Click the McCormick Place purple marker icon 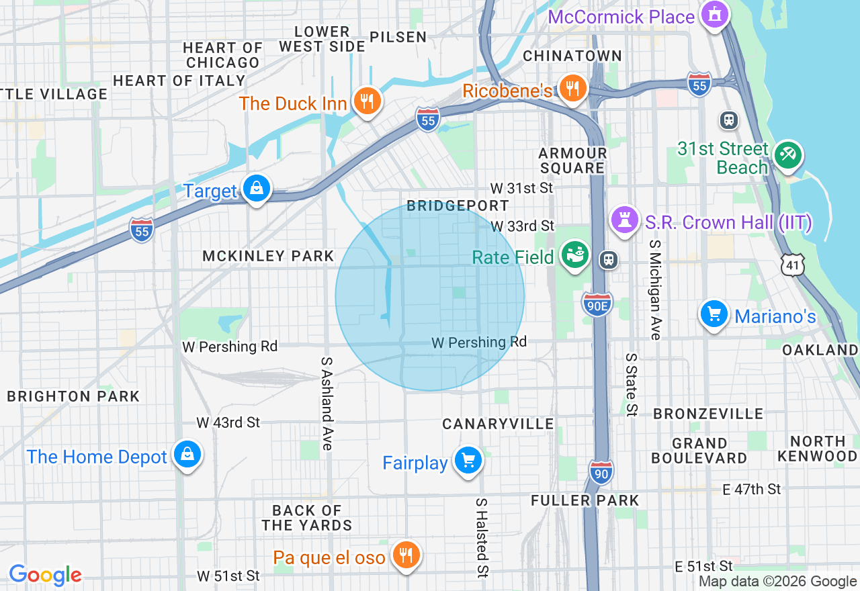[x=715, y=14]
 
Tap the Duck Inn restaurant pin [x=366, y=101]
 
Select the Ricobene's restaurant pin [x=572, y=88]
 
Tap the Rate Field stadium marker [x=575, y=256]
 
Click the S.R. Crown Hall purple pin [x=624, y=220]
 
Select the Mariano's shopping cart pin [x=714, y=314]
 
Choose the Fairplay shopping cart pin [x=468, y=461]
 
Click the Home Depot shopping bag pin [x=187, y=455]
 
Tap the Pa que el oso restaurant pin [x=406, y=555]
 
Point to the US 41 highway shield [x=793, y=266]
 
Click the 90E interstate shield [x=597, y=304]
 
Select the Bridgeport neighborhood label [x=458, y=206]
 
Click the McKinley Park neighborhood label [x=268, y=256]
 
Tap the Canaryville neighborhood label [x=498, y=424]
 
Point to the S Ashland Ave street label [x=327, y=403]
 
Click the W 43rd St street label [x=228, y=422]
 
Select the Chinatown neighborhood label [x=572, y=56]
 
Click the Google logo [x=45, y=575]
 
